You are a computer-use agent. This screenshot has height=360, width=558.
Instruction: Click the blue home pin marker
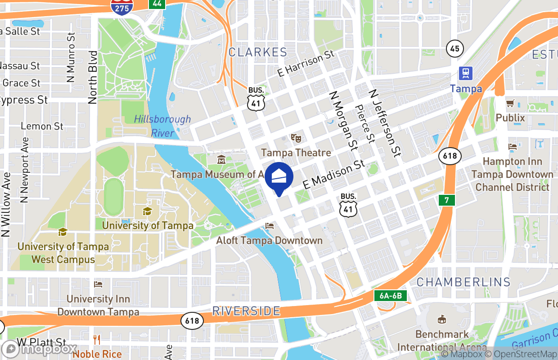pyautogui.click(x=279, y=177)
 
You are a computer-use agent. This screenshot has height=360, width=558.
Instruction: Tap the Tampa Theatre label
pyautogui.click(x=296, y=153)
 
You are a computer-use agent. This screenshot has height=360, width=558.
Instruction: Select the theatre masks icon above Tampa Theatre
pyautogui.click(x=296, y=138)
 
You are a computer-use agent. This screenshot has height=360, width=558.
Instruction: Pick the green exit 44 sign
pyautogui.click(x=157, y=4)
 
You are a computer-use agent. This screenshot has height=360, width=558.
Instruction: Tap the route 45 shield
pyautogui.click(x=455, y=49)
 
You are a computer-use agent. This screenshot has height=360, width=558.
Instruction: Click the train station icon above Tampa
pyautogui.click(x=465, y=73)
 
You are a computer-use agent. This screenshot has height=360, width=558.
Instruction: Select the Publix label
pyautogui.click(x=510, y=118)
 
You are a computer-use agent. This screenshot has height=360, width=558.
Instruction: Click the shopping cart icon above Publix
pyautogui.click(x=510, y=104)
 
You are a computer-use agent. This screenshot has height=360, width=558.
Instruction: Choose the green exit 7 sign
pyautogui.click(x=447, y=200)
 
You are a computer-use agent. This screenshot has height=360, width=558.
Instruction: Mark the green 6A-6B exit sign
pyautogui.click(x=391, y=296)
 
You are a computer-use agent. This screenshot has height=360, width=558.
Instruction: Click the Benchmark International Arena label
pyautogui.click(x=442, y=341)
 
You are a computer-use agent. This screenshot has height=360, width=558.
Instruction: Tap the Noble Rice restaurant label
pyautogui.click(x=97, y=354)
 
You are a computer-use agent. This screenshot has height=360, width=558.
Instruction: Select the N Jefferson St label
pyautogui.click(x=385, y=122)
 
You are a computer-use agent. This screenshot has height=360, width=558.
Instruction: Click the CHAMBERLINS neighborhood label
pyautogui.click(x=463, y=282)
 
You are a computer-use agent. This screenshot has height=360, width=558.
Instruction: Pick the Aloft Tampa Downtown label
pyautogui.click(x=269, y=240)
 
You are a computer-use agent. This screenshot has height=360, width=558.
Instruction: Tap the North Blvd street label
pyautogui.click(x=93, y=77)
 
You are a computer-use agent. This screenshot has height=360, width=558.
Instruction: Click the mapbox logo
pyautogui.click(x=40, y=349)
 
